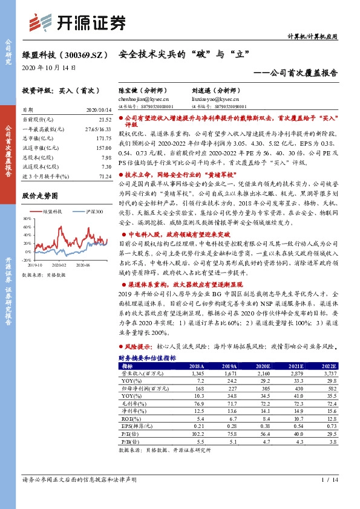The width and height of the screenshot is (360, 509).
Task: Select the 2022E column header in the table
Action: tap(328, 366)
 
